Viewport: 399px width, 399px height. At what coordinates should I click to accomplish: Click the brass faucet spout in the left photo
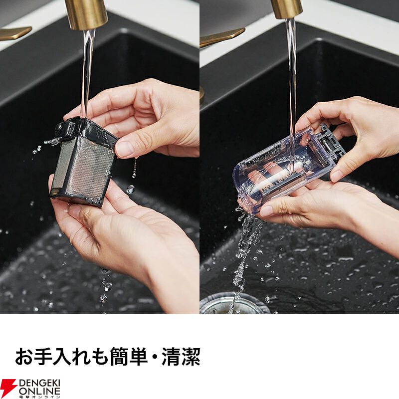click(86, 14)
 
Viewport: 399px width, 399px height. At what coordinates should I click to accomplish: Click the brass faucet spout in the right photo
click(286, 8)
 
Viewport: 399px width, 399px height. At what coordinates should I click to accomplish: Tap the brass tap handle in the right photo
click(222, 37)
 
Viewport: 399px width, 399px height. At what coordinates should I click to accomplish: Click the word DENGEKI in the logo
click(39, 383)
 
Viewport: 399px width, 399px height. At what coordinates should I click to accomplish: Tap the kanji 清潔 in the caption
click(181, 357)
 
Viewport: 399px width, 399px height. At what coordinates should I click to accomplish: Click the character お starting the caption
click(24, 357)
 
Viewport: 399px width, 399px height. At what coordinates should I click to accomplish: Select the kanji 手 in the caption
click(44, 357)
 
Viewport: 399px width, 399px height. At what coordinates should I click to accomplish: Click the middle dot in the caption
click(155, 357)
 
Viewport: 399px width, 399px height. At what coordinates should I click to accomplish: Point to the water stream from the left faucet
click(87, 74)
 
